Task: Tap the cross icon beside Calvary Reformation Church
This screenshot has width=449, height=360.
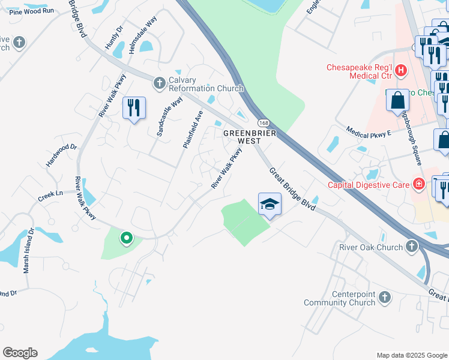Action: point(160,83)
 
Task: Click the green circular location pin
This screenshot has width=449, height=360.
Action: point(127,238)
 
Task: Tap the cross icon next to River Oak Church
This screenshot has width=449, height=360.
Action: point(411,246)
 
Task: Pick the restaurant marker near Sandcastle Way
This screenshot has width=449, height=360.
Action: point(134,108)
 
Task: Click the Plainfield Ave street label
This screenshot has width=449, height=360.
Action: point(193,129)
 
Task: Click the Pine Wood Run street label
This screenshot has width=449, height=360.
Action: point(32,11)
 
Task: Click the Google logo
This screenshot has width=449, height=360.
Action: point(20,353)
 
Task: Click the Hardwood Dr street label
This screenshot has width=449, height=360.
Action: point(62,155)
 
